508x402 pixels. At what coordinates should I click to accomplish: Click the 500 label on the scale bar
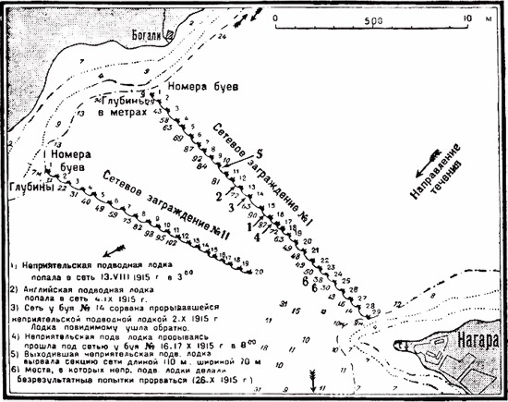[374, 18]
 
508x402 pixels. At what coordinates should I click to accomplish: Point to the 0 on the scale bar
[275, 18]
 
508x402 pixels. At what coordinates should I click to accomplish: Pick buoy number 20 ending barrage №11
[258, 271]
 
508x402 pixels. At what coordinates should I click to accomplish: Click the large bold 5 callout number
[260, 153]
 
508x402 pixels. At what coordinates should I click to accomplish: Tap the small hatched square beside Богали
[171, 34]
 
